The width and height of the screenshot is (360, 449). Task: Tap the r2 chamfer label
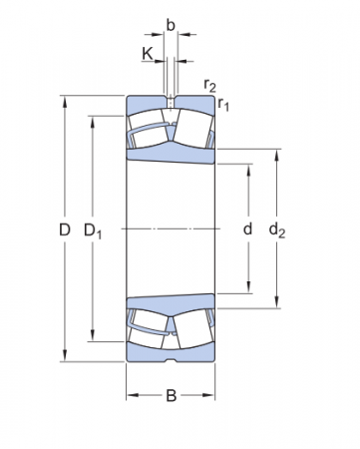click(209, 87)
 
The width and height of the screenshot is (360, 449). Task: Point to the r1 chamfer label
click(224, 104)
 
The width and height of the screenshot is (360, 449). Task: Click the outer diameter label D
click(64, 230)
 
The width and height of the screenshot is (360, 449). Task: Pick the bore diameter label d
click(247, 229)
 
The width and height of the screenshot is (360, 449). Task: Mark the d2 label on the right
click(278, 230)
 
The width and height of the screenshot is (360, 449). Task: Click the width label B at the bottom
click(171, 396)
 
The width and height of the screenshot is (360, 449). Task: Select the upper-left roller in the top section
click(148, 128)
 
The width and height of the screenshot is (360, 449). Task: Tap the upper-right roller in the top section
click(191, 128)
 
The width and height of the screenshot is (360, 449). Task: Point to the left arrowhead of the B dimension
click(130, 396)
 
